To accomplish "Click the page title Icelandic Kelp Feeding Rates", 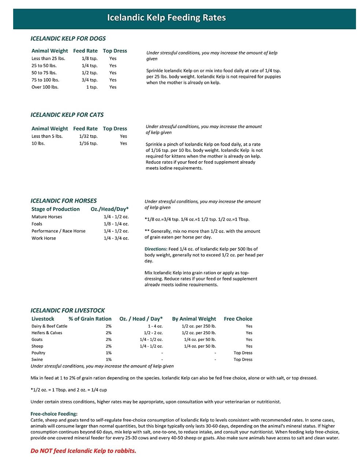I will point(166,18).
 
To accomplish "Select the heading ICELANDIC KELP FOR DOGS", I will point(68,38).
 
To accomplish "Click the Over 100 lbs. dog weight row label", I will point(45,87).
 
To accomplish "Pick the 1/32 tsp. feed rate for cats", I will point(88,136).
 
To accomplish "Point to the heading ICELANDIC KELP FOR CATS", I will point(67,115).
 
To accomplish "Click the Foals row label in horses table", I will point(37,224).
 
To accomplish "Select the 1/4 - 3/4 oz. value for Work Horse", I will point(116,238).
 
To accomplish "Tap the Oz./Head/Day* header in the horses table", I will point(109,209).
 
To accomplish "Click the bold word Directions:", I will point(156,249).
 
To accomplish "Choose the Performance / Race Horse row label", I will point(59,231).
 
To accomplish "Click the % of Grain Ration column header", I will point(90,319).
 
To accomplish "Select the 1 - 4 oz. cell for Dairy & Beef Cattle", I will point(155,326).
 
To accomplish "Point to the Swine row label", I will point(37,360).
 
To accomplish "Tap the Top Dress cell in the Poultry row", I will point(243,353).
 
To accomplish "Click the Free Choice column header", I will point(238,319).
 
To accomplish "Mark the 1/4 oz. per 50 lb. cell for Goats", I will point(200,339).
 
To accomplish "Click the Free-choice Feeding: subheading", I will point(54,414).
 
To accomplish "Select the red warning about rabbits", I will point(83,451).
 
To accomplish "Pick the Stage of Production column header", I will point(56,209).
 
